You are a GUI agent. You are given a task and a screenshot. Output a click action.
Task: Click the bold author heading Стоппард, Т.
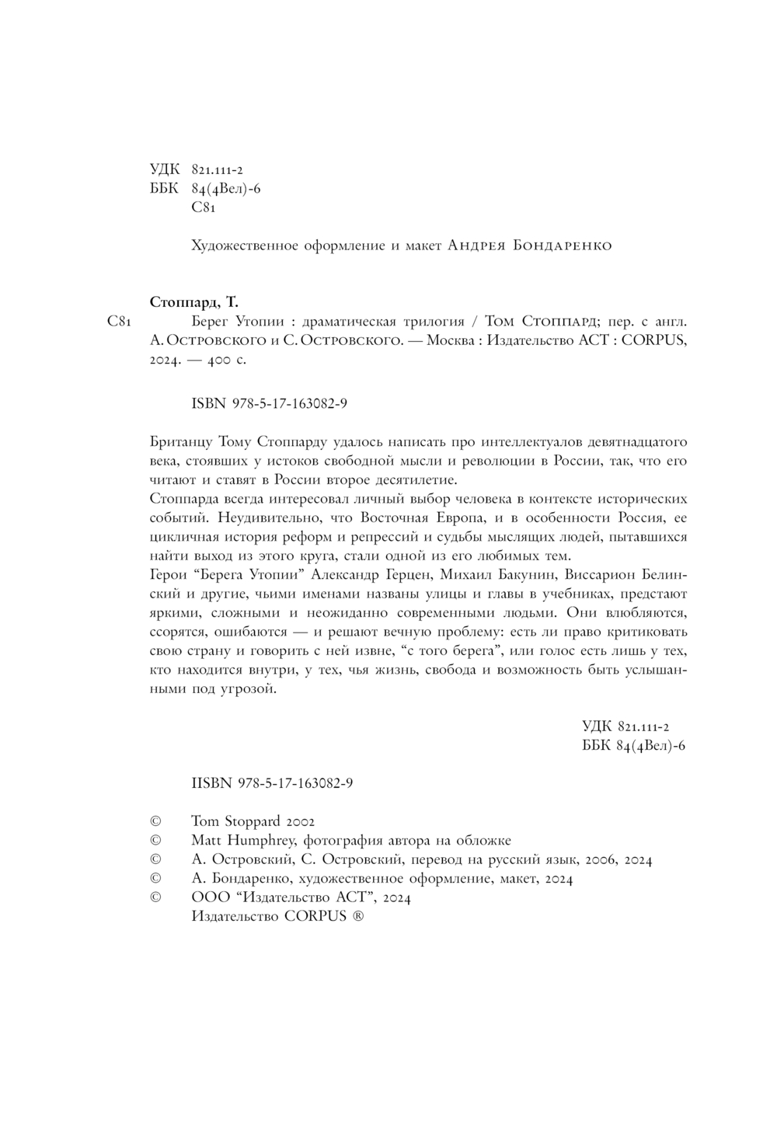193,301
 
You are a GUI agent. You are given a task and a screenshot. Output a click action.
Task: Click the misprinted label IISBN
211,783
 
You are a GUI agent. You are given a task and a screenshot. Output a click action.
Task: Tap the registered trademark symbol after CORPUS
357,916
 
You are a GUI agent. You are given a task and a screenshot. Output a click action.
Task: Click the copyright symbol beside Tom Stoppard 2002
155,821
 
